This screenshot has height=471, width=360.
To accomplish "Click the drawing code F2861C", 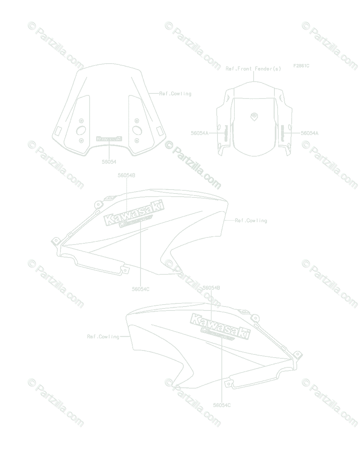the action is tap(301, 66).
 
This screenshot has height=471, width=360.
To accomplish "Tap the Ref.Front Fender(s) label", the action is tap(253, 69).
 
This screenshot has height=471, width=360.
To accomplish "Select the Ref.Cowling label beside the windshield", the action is tap(175, 94).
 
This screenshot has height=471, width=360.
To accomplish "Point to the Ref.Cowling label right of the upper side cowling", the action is tap(251, 221).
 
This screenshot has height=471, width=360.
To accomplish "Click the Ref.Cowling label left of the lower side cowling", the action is tap(103, 336).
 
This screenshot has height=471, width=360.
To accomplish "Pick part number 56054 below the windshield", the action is tap(109, 161).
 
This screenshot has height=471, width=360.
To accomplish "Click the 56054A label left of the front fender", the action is tap(199, 133).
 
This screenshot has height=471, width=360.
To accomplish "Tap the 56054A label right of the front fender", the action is tap(309, 133).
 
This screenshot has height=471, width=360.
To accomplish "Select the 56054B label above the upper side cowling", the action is tap(126, 175).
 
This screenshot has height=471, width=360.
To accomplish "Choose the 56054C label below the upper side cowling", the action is tap(141, 289).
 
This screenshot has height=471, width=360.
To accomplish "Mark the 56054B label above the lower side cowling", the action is tap(211, 288).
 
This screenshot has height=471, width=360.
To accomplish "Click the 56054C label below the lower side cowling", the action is tap(222, 405).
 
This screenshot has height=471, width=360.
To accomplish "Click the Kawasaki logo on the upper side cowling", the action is tap(133, 214).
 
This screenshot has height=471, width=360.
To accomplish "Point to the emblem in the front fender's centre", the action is tap(254, 116).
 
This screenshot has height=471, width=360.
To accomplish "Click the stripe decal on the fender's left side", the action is tap(226, 133).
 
